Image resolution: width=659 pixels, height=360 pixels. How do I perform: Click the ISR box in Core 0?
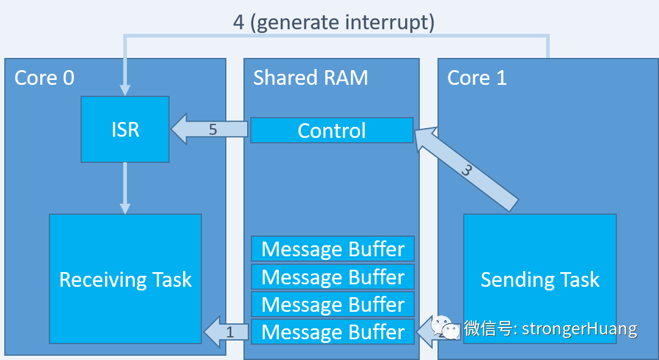[125, 129]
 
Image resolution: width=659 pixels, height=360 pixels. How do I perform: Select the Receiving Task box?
[125, 279]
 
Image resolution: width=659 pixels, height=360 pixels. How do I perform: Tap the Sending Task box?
[539, 279]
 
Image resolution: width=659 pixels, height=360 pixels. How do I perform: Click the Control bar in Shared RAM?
[332, 131]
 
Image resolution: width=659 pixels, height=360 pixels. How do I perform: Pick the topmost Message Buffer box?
[333, 249]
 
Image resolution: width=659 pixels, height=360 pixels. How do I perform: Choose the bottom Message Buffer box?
[333, 332]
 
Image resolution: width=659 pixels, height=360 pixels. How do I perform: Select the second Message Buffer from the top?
[333, 276]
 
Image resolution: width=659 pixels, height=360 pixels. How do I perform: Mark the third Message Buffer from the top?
[333, 304]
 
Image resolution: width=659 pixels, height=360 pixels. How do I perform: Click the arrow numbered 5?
[211, 129]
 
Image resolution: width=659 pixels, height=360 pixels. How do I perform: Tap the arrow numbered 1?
[226, 332]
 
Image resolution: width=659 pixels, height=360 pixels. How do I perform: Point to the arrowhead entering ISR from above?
[125, 89]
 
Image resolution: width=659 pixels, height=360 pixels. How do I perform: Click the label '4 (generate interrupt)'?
[334, 23]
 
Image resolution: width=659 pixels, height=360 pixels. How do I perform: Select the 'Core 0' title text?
[45, 77]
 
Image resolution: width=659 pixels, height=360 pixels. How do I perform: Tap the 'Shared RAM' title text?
[311, 77]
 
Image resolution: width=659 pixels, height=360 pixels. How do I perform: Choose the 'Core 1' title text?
[477, 77]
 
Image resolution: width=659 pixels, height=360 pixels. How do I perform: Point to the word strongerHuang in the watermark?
[579, 329]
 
